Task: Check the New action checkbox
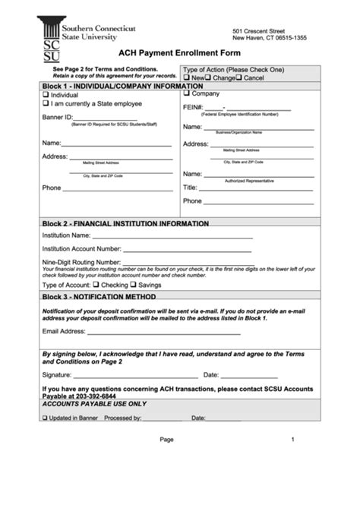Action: (x=187, y=78)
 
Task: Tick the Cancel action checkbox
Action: (x=238, y=78)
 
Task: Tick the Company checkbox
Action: (x=187, y=93)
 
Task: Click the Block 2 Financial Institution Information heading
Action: (x=125, y=224)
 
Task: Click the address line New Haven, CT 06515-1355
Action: (x=270, y=36)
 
